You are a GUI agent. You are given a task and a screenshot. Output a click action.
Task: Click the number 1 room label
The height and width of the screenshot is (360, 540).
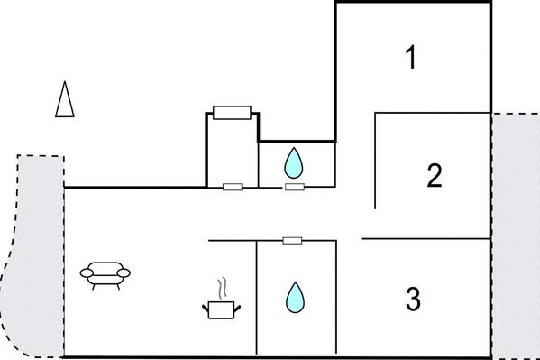[x=411, y=57]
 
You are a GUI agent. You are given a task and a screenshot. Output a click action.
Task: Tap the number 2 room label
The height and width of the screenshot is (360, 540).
[x=435, y=176]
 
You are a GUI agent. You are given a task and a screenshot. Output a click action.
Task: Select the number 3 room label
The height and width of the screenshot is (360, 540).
[x=413, y=299]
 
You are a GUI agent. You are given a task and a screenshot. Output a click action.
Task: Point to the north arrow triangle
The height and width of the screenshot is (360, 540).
[x=65, y=99]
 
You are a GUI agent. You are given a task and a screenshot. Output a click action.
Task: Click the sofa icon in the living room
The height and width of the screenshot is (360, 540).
[x=105, y=275]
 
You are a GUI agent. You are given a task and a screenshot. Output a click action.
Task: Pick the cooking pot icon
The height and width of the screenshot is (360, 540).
[x=221, y=309]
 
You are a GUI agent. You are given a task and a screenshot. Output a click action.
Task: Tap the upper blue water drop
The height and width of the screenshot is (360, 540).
[x=293, y=163]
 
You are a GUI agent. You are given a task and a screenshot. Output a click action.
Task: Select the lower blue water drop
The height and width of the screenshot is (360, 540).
[x=295, y=298]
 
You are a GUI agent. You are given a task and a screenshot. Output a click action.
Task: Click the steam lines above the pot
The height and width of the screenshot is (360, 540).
[x=223, y=288]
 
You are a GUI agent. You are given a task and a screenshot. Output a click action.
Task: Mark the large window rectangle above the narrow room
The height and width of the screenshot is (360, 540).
[x=232, y=113]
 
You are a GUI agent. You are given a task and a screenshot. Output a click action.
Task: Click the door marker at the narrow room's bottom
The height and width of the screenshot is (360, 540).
[x=233, y=187]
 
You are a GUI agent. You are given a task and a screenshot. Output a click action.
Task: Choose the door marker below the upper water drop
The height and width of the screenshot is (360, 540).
[x=295, y=187]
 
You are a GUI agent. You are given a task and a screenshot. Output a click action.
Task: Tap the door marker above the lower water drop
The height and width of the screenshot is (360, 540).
[x=292, y=240]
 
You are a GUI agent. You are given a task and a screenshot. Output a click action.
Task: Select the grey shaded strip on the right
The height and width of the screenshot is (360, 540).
[x=516, y=236]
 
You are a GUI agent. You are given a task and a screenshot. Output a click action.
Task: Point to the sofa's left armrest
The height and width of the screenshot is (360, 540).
[x=87, y=273]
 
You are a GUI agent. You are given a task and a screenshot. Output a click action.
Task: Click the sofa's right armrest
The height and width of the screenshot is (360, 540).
[x=124, y=273]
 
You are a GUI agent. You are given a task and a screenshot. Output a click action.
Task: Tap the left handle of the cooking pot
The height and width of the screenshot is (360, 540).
[x=206, y=308]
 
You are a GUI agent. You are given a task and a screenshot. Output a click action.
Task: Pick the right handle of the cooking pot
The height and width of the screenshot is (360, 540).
[x=237, y=308]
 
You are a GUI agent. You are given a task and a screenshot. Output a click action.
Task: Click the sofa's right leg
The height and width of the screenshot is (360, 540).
[x=118, y=287]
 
